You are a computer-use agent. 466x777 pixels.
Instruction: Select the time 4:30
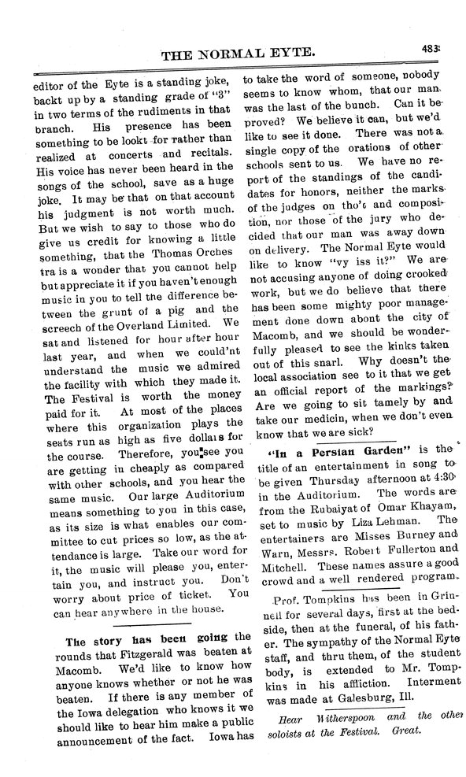pyautogui.click(x=440, y=479)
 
